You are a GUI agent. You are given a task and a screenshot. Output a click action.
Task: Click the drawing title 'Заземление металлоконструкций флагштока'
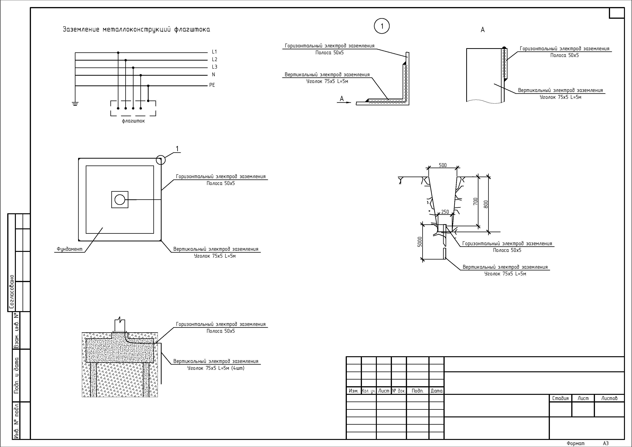[x=136, y=29]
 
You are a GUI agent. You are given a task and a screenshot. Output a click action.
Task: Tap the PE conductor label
[x=212, y=85]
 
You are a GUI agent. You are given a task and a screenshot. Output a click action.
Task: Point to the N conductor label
[x=213, y=75]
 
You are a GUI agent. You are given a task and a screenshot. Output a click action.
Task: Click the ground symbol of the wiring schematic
[x=75, y=104]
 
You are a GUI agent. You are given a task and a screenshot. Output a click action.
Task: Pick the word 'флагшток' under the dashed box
[x=133, y=121]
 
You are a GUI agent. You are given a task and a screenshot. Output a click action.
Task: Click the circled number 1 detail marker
[x=382, y=26]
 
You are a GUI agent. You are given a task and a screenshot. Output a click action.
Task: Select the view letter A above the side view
[x=482, y=30]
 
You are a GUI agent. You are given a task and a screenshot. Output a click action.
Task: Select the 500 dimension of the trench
[x=443, y=165]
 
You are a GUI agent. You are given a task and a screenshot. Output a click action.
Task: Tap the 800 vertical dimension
[x=486, y=204]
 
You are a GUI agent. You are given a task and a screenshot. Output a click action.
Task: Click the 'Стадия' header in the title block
[x=560, y=398]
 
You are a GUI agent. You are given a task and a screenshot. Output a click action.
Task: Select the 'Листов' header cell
[x=609, y=398]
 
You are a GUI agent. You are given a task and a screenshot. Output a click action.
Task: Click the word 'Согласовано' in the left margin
[x=12, y=291]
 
